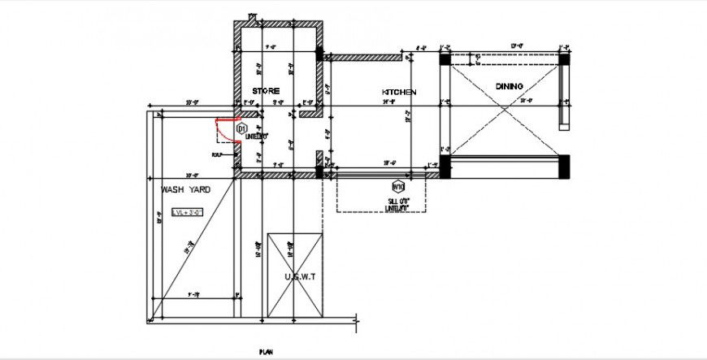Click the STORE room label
pyautogui.click(x=266, y=90)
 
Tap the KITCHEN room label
pyautogui.click(x=399, y=93)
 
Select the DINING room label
pyautogui.click(x=510, y=86)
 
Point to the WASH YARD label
pyautogui.click(x=185, y=189)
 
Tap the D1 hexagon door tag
pyautogui.click(x=241, y=128)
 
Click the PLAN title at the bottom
pyautogui.click(x=266, y=351)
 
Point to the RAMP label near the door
pyautogui.click(x=217, y=154)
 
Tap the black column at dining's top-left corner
pyautogui.click(x=445, y=59)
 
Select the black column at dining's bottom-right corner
pyautogui.click(x=566, y=167)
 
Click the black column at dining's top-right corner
pyautogui.click(x=566, y=59)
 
